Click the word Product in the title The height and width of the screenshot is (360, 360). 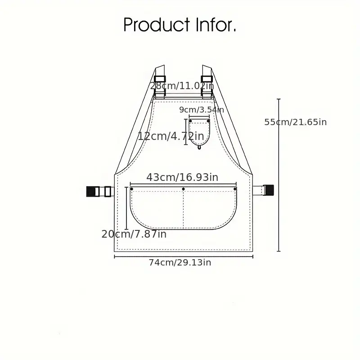[x=157, y=24]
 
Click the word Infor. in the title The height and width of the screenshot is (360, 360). [x=216, y=24]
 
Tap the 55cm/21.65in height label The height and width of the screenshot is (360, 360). [x=296, y=122]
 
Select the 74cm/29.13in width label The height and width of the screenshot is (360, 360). [x=180, y=262]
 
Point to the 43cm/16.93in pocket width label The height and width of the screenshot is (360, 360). [x=182, y=177]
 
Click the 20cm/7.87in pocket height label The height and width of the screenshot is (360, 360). [x=134, y=234]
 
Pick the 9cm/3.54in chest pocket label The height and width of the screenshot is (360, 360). [x=202, y=110]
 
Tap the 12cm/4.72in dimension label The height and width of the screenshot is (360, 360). [x=171, y=136]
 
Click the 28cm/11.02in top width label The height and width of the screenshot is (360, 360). [x=182, y=86]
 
